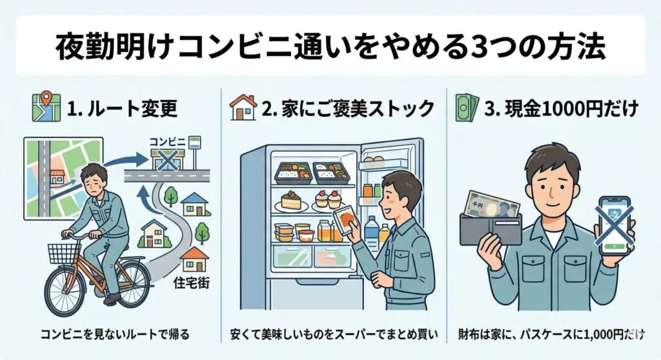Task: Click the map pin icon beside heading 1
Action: pyautogui.click(x=46, y=107)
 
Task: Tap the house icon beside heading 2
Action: pyautogui.click(x=243, y=107)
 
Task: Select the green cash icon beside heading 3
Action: pyautogui.click(x=467, y=108)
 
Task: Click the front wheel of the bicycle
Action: pyautogui.click(x=65, y=290)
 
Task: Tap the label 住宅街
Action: pyautogui.click(x=191, y=282)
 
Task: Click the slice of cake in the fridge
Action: pyautogui.click(x=290, y=201)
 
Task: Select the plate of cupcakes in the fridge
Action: pyautogui.click(x=329, y=201)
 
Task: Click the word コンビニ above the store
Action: pyautogui.click(x=167, y=142)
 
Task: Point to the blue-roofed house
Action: pyautogui.click(x=195, y=205)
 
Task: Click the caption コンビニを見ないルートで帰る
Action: pyautogui.click(x=115, y=335)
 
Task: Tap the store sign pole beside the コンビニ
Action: pyautogui.click(x=194, y=152)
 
